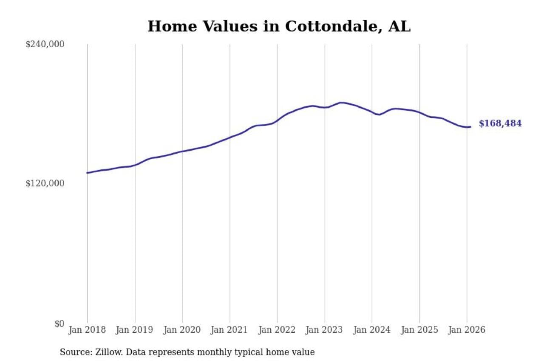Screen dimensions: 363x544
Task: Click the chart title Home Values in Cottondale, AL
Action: tap(279, 26)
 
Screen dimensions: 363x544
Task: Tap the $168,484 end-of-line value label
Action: tap(500, 124)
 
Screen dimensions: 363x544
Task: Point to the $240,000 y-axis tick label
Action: tap(45, 44)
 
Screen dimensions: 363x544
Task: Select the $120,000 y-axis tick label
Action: tap(45, 183)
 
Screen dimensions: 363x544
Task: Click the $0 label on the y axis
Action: tap(59, 323)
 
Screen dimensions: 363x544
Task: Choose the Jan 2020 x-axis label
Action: tap(182, 330)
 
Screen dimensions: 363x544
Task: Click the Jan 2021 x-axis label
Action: tap(229, 330)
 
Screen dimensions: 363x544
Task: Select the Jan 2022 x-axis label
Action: tap(277, 330)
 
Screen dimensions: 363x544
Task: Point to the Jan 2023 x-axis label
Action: tap(324, 330)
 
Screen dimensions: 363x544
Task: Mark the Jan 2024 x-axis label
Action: tap(372, 330)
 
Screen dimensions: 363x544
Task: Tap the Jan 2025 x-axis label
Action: tap(419, 330)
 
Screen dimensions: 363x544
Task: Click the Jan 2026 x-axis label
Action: tap(467, 330)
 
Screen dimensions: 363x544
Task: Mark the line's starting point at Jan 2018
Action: tap(87, 173)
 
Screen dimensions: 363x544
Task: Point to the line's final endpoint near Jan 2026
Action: tap(470, 126)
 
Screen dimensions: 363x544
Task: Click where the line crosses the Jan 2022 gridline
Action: tap(277, 121)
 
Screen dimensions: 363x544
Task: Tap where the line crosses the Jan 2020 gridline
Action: tap(182, 151)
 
